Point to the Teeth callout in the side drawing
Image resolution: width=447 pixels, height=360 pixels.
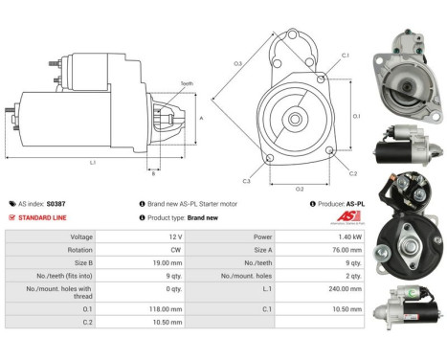(186, 83)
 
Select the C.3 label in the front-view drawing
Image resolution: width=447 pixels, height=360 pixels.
(246, 180)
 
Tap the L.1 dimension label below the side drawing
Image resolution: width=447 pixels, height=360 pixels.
(93, 163)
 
